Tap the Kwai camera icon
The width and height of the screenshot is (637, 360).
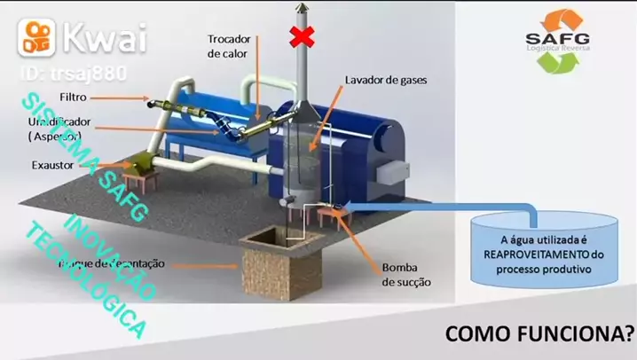tap(35, 36)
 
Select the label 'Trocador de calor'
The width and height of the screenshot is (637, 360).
tap(230, 46)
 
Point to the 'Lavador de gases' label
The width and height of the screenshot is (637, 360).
tap(386, 79)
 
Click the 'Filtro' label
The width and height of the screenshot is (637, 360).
tap(74, 96)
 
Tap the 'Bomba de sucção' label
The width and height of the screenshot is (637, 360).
tap(406, 275)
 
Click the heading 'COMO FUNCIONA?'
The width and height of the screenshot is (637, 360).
tap(539, 334)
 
